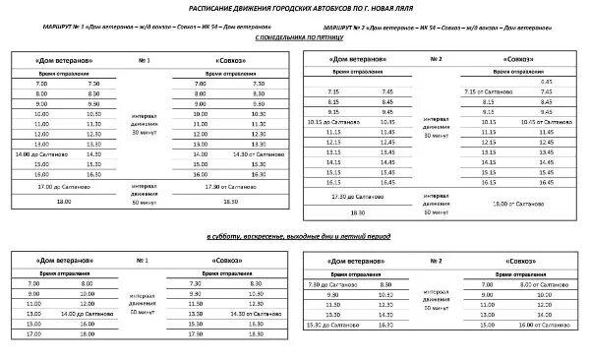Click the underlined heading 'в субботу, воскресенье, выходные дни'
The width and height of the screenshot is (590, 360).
(295, 238)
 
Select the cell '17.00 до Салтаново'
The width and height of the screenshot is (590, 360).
(56, 185)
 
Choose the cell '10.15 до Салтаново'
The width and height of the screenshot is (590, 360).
(344, 121)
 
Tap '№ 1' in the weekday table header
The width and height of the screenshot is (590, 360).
(146, 61)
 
